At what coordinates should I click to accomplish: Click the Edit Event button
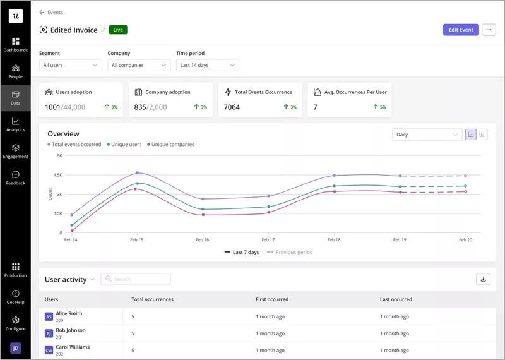tap(461, 30)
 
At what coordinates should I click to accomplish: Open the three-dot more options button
tap(489, 30)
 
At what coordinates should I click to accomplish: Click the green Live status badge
tap(118, 30)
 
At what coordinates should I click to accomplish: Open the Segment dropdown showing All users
tap(70, 65)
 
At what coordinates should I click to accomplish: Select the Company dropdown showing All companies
tap(138, 65)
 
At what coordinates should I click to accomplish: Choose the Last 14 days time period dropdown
tap(207, 65)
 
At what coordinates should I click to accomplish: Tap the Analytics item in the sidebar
tap(15, 124)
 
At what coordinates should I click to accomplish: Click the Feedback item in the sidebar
tap(15, 177)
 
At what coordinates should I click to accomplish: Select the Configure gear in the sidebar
tap(15, 323)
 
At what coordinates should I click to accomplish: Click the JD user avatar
tap(15, 347)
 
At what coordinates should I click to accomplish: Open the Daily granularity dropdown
tap(427, 135)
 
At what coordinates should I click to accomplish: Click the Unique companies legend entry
tap(170, 145)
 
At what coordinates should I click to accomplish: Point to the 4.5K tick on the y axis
tap(57, 175)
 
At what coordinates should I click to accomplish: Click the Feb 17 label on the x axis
tap(268, 240)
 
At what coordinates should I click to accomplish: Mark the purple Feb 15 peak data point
tap(137, 172)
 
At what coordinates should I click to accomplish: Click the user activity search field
tap(136, 279)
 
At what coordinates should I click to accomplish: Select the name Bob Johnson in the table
tap(70, 330)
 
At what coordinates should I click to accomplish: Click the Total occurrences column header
tap(152, 299)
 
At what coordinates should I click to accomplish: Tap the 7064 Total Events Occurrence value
tap(232, 107)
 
